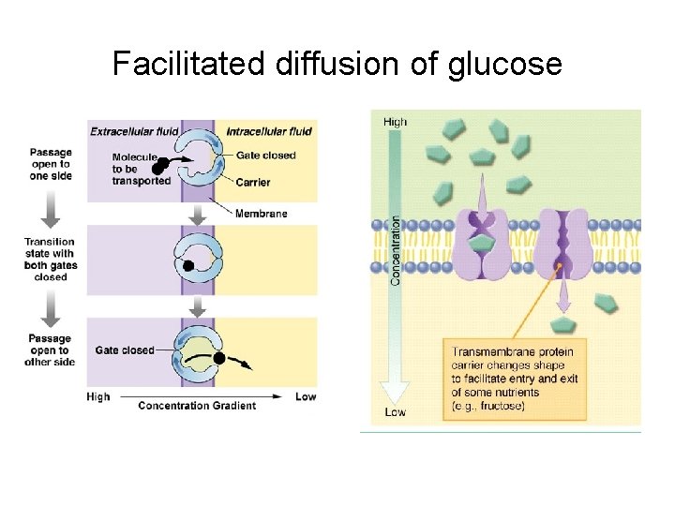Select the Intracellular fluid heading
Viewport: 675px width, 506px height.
269,131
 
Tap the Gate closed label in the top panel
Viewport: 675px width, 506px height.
266,156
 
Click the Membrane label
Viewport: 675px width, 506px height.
261,214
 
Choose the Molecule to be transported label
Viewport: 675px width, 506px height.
141,169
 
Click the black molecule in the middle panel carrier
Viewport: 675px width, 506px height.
187,266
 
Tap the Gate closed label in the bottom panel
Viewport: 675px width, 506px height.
124,350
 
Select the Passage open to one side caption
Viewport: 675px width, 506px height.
51,163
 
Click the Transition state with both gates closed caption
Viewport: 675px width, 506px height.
51,260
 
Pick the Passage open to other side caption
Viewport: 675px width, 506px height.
51,350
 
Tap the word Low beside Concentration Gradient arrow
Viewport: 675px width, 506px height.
307,396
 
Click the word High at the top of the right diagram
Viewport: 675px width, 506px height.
395,122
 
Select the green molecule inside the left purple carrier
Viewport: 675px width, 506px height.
482,245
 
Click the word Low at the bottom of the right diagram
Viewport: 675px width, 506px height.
395,412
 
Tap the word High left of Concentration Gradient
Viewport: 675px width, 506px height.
97,396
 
